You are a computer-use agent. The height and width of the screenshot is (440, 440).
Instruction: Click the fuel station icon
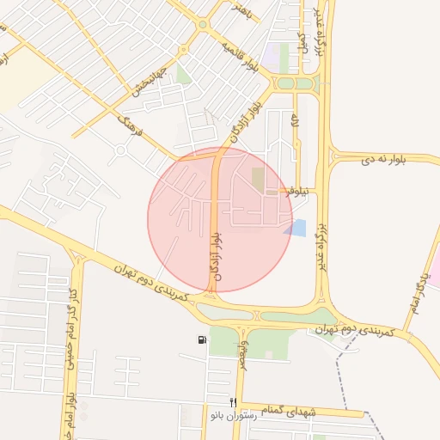point(202,340)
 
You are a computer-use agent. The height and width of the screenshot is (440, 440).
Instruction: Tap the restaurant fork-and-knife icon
point(232,402)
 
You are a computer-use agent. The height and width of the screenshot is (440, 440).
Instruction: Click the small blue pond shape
point(296,228)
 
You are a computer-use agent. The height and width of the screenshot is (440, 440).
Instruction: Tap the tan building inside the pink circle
point(258,180)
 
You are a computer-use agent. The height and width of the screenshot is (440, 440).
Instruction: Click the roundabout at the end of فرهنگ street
point(120,151)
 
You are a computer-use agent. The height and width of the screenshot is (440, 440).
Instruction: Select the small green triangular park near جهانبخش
point(181,75)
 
